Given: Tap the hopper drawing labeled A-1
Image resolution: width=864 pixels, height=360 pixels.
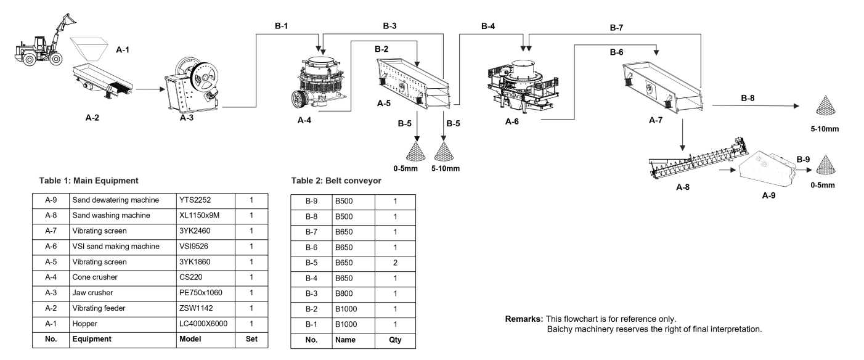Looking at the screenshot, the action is point(88,49).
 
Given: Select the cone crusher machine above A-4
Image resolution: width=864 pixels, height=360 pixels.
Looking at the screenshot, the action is point(319,82).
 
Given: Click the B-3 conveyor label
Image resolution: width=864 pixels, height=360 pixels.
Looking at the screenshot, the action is point(389,26).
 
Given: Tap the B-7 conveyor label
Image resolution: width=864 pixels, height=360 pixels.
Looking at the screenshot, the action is point(616,27).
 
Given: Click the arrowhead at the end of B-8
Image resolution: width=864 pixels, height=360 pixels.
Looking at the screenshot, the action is point(796,106).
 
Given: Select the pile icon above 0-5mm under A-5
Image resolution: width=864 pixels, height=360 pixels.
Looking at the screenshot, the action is point(416,151).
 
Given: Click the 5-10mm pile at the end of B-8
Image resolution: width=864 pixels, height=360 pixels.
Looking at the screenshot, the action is point(826,105).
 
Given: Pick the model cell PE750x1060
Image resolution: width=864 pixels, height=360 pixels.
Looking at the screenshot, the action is point(200,292).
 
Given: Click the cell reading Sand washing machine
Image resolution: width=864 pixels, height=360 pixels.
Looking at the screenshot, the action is point(111,215).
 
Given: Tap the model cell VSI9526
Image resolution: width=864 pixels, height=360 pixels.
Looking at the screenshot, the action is point(194,246).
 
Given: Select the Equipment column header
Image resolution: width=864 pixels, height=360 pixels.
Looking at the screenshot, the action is point(92,339).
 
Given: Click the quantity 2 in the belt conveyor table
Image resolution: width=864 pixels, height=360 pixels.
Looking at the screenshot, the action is point(396,263).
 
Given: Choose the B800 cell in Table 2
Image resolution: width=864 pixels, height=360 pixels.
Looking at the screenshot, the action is point(344,293).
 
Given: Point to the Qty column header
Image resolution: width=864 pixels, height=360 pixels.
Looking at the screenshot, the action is point(396,340).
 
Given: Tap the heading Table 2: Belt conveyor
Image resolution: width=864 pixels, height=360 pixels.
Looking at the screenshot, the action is point(336,181).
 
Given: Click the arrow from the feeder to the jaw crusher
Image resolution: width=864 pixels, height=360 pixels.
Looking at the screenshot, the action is point(150,89).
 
